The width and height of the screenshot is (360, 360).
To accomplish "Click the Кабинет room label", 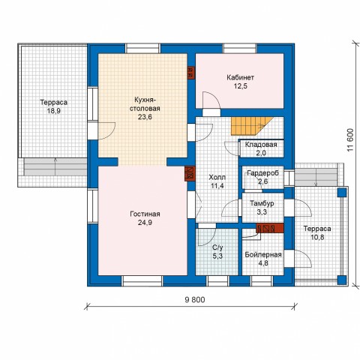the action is [x=240, y=77].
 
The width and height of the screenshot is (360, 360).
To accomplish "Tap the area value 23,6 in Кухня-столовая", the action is [x=145, y=117].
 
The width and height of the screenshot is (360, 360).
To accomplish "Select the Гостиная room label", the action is [x=145, y=214].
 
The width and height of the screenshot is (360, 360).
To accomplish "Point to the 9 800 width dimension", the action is [x=195, y=299].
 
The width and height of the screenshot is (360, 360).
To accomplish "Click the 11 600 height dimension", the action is [x=350, y=139].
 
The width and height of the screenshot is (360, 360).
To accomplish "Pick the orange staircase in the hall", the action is [x=251, y=126].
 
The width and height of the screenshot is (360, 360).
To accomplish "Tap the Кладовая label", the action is [x=261, y=145].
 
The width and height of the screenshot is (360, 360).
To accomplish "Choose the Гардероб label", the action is [x=262, y=173].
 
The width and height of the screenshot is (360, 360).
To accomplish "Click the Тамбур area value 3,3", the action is [x=262, y=212].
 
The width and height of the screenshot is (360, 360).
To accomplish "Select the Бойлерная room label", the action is [x=263, y=255].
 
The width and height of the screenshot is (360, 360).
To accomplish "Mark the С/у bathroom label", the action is [x=217, y=247].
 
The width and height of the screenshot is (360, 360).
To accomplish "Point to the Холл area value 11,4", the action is [x=217, y=186].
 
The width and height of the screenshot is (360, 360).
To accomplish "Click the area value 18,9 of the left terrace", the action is [x=54, y=111].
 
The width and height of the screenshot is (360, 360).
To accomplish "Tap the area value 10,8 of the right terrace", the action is [x=317, y=237].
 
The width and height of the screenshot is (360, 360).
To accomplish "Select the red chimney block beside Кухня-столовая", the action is [x=191, y=73].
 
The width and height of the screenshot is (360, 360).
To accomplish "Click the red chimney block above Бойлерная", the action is [x=270, y=228].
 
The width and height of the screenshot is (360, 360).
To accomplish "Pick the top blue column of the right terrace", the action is [x=342, y=193].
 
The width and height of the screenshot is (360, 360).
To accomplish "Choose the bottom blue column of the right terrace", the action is [x=342, y=280].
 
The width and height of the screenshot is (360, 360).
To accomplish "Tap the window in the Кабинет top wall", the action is [x=240, y=48].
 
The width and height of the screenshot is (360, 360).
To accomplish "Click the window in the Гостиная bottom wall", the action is [x=142, y=281].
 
